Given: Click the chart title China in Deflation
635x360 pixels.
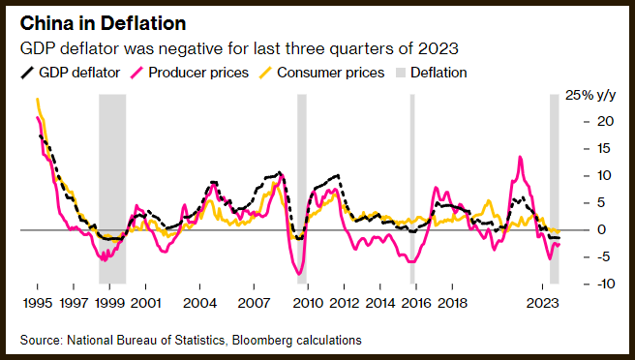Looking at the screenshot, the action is (103, 23).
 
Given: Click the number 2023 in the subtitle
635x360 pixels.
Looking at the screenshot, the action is (438, 49).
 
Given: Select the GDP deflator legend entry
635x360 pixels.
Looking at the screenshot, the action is (71, 73).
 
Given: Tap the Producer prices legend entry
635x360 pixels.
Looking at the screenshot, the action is (190, 73).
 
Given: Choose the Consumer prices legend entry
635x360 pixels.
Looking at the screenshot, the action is (321, 73).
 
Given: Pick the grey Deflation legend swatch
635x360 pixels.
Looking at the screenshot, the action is (400, 73).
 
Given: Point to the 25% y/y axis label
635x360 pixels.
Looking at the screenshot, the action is (590, 95).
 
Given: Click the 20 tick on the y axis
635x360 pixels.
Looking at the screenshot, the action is (605, 121).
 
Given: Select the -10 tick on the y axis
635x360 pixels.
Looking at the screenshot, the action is (605, 284).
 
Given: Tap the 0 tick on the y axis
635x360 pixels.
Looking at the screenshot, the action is (602, 229).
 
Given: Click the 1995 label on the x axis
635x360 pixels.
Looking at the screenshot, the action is (38, 303).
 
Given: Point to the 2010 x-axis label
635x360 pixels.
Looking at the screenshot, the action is (308, 303).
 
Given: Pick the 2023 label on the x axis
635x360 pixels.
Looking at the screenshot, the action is (543, 303).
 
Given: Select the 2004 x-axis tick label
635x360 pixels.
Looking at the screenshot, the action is (200, 303).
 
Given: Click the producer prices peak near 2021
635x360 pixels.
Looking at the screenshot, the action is (520, 157).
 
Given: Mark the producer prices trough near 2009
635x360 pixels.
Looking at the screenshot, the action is (300, 274).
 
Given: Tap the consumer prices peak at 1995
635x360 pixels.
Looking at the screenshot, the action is (37, 99).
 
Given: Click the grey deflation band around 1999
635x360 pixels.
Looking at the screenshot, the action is (112, 189).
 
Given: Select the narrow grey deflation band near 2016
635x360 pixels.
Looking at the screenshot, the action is (412, 189).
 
